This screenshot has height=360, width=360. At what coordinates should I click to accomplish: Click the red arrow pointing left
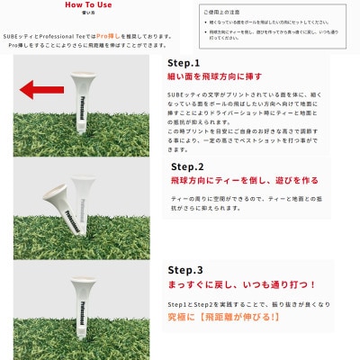click(41, 89)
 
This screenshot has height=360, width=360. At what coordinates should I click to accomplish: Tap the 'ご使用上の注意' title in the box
click(222, 12)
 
